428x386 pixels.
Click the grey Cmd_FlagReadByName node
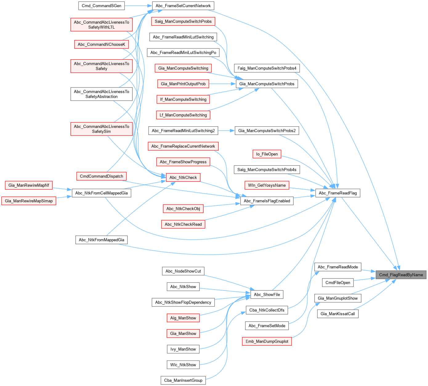pyautogui.click(x=401, y=275)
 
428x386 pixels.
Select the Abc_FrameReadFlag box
pyautogui.click(x=338, y=193)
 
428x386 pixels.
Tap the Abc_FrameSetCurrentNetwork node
pyautogui.click(x=183, y=6)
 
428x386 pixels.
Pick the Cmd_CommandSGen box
pyautogui.click(x=102, y=6)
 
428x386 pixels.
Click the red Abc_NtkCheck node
pyautogui.click(x=183, y=177)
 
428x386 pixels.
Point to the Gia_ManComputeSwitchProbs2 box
pyautogui.click(x=267, y=131)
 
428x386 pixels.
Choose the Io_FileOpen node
pyautogui.click(x=267, y=154)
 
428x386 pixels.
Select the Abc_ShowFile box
pyautogui.click(x=267, y=295)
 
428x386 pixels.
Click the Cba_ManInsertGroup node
pyautogui.click(x=183, y=380)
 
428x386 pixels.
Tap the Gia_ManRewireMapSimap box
pyautogui.click(x=29, y=201)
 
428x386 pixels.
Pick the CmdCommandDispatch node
pyautogui.click(x=101, y=176)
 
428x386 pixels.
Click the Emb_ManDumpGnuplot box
pyautogui.click(x=267, y=341)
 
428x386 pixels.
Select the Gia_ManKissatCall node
pyautogui.click(x=338, y=314)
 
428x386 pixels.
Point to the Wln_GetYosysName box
pyautogui.click(x=267, y=185)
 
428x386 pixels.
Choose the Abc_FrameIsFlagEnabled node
pyautogui.click(x=267, y=201)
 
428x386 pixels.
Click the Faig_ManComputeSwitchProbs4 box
pyautogui.click(x=267, y=68)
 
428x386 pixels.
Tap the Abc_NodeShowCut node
pyautogui.click(x=183, y=271)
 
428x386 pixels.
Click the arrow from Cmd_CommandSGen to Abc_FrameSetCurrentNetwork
pyautogui.click(x=139, y=6)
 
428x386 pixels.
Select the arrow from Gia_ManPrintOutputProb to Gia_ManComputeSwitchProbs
pyautogui.click(x=222, y=84)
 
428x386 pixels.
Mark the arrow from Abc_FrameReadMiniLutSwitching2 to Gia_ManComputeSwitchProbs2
pyautogui.click(x=226, y=131)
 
